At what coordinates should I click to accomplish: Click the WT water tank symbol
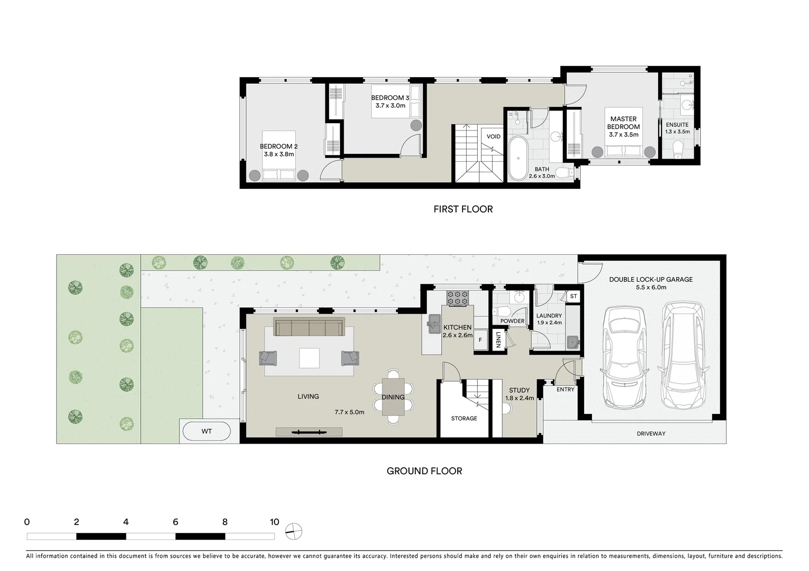point(206,431)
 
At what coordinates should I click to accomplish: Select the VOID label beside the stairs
point(493,136)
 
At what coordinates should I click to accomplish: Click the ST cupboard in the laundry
point(574,297)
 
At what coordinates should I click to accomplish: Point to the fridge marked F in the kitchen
point(480,340)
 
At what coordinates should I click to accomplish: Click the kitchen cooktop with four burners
point(458,298)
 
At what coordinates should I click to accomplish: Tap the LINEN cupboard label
point(498,340)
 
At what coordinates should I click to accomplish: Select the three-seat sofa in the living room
point(309,327)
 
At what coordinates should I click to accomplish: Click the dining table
point(393,397)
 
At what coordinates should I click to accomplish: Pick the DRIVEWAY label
point(651,434)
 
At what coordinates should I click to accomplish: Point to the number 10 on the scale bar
point(274,522)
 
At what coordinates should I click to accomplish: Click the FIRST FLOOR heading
point(463,209)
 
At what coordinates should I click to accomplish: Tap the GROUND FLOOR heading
point(424,471)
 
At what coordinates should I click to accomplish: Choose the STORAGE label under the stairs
point(464,418)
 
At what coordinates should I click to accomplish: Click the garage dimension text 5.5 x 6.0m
point(651,288)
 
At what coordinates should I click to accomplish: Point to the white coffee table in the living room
point(309,358)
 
